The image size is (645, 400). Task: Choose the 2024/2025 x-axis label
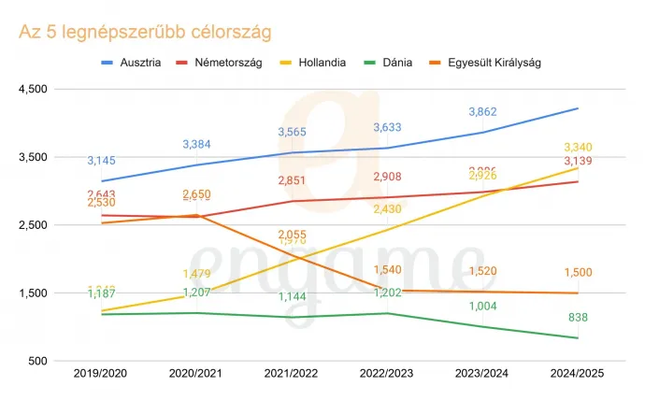pyautogui.click(x=579, y=374)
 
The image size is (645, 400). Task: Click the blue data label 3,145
pyautogui.click(x=102, y=161)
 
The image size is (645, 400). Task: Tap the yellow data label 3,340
pyautogui.click(x=579, y=148)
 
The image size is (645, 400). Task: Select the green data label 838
pyautogui.click(x=579, y=319)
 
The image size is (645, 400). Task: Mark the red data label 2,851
pyautogui.click(x=293, y=180)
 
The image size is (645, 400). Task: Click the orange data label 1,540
pyautogui.click(x=388, y=270)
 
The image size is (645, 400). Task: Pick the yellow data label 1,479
pyautogui.click(x=197, y=273)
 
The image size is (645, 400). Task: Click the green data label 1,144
pyautogui.click(x=293, y=297)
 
